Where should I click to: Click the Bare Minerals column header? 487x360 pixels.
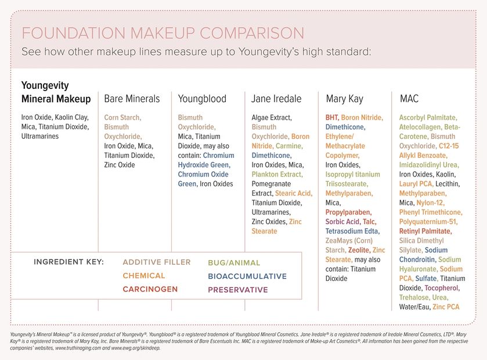131,99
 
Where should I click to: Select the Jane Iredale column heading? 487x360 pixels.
276,99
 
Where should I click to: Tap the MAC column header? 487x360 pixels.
409,99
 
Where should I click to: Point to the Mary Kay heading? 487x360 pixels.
344,99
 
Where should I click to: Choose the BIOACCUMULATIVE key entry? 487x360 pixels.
247,276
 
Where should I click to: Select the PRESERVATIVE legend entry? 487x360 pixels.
238,289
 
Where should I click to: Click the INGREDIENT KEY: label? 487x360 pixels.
68,262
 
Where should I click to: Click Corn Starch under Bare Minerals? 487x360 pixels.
122,117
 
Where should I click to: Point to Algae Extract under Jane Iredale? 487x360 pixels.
271,117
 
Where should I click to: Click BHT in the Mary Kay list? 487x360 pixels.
331,117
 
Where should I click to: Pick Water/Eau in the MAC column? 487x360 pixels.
414,307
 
